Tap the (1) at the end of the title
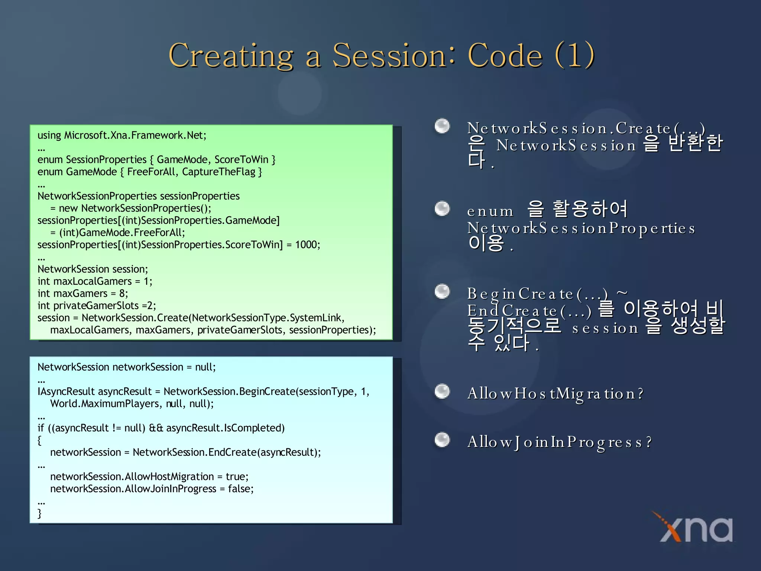click(574, 56)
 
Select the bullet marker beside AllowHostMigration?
click(442, 391)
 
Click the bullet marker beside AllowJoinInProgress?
click(442, 440)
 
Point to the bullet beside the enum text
click(442, 209)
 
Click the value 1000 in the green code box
click(307, 245)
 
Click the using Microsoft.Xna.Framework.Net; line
click(122, 135)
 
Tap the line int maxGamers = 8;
click(82, 294)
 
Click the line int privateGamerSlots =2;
click(97, 306)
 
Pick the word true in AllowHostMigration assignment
click(236, 477)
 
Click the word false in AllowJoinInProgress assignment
click(240, 489)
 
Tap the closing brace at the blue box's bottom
click(40, 513)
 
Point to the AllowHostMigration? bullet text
click(555, 393)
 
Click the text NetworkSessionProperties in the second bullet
click(581, 228)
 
